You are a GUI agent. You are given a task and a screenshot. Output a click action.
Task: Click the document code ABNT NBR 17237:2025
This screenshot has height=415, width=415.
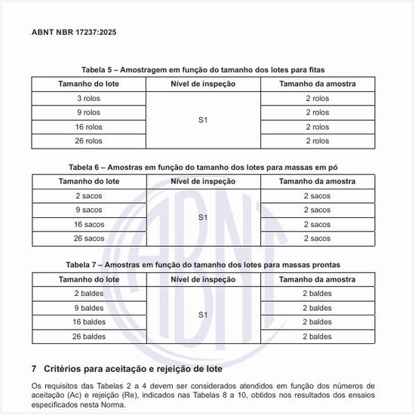coord(73,33)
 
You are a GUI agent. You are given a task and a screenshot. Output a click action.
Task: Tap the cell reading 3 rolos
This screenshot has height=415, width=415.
coord(89,98)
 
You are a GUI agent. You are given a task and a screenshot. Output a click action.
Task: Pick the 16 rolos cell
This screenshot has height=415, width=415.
coord(89,127)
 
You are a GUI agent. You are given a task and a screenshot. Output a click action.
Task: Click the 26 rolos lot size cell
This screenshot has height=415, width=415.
coord(89,141)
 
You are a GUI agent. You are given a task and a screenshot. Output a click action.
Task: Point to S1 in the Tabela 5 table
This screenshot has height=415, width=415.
coord(203,120)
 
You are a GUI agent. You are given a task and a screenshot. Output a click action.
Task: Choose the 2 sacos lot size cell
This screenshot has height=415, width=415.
coord(89,195)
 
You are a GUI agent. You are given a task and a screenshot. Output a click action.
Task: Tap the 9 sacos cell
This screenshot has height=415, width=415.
coord(89,210)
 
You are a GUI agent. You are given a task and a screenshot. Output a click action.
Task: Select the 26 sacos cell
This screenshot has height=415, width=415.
coord(89,238)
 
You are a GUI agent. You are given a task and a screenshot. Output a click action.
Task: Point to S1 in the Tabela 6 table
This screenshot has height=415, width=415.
coord(203,217)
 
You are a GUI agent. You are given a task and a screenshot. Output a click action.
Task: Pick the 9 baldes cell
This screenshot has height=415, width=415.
coord(89,308)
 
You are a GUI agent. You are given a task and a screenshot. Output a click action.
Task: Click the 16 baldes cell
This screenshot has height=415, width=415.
coord(89,322)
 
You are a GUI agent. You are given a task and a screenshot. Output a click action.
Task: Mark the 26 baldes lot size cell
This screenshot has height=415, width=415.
coord(89,337)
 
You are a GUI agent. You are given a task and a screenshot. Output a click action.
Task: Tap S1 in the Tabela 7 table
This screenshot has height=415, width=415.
coord(203,315)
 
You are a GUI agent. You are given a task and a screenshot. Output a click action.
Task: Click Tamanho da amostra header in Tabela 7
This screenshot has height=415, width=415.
coord(317,279)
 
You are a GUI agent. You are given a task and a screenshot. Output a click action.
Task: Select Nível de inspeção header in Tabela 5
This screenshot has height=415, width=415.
coord(203,84)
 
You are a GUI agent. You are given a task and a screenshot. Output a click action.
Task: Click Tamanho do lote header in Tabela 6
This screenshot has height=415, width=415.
coord(89,181)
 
